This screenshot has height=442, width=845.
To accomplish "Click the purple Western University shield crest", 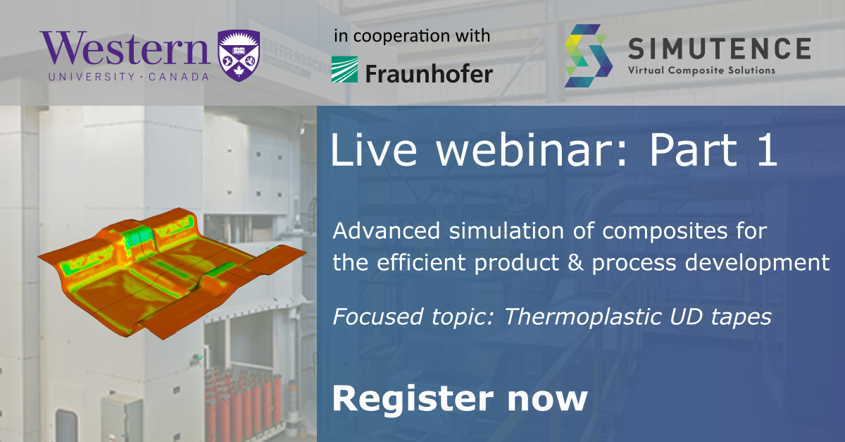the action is tap(239, 56).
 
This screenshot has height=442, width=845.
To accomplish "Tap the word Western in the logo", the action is tap(125, 49).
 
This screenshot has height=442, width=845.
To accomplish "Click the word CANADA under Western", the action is tap(178, 77).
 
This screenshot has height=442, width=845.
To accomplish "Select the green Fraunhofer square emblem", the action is tap(344, 70).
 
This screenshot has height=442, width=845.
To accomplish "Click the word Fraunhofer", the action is tap(429, 73).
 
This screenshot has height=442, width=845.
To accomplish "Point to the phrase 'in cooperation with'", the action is tap(412, 36).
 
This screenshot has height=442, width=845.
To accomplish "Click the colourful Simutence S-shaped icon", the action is tap(588, 56).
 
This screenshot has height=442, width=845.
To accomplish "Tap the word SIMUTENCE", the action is tap(720, 49).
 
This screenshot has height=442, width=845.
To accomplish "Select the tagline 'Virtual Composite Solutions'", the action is tap(701, 70).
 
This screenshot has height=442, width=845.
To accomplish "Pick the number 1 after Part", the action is tap(767, 150).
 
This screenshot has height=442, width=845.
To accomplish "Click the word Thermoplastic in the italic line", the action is tap(582, 317).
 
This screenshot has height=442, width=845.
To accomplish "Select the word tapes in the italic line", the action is tap(741, 317).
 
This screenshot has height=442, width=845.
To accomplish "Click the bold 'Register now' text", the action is tap(460, 399).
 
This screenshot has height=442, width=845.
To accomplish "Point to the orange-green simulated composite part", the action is tap(172, 273).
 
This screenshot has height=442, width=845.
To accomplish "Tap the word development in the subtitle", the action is tap(757, 263).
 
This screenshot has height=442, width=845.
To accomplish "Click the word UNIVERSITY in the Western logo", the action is tap(92, 77).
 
